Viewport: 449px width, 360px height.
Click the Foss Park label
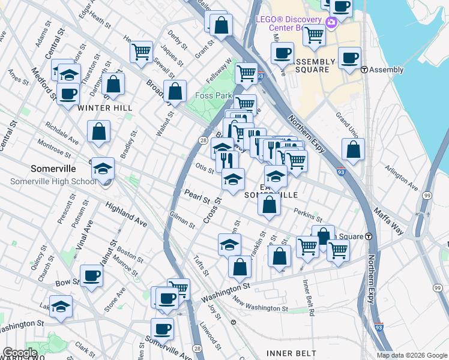(213, 95)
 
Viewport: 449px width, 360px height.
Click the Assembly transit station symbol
(364, 70)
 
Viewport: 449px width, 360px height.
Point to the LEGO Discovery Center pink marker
(331, 23)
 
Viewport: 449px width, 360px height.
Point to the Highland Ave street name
(126, 214)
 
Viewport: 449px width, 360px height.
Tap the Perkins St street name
(308, 213)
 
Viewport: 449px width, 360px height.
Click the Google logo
(20, 353)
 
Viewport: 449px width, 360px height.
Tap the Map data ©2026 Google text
(412, 355)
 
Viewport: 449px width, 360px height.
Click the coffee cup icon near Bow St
(91, 275)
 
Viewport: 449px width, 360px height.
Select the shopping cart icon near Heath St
(141, 52)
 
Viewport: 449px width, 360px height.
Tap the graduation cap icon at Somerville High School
(103, 169)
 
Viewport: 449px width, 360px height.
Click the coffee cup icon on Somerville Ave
(162, 329)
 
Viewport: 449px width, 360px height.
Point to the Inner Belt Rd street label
(309, 298)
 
